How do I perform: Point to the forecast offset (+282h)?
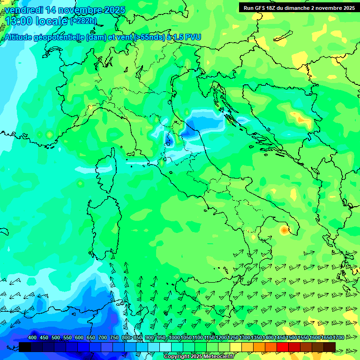pyautogui.click(x=83, y=21)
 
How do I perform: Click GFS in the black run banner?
pyautogui.click(x=260, y=7)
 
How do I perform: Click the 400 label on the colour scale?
pyautogui.click(x=32, y=338)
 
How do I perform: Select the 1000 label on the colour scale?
pyautogui.click(x=174, y=338)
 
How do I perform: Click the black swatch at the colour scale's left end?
pyautogui.click(x=25, y=347)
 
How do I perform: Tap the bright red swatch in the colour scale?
pyautogui.click(x=283, y=347)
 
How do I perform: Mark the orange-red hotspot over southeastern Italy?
pyautogui.click(x=284, y=230)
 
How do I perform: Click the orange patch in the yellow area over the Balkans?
pyautogui.click(x=300, y=119)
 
